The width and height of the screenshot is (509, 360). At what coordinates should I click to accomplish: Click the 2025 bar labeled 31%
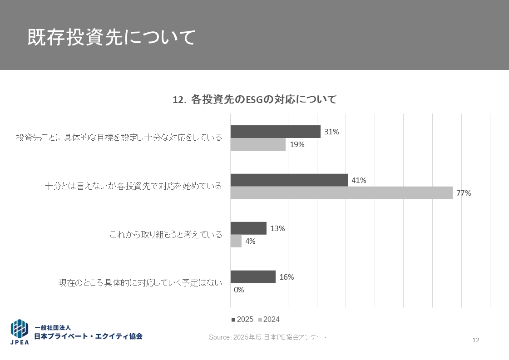275,132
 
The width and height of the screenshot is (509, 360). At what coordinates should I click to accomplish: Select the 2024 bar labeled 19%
258,144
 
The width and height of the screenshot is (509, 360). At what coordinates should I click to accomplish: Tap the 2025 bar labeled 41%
289,180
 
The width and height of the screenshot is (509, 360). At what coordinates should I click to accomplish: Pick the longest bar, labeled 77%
341,193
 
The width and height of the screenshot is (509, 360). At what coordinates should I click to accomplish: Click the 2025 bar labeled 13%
248,228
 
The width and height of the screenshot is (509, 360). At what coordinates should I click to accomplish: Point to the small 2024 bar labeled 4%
236,241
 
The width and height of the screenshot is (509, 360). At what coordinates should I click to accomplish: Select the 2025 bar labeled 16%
253,277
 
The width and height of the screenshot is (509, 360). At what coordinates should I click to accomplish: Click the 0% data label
239,290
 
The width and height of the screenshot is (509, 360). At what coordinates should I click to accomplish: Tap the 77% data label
464,193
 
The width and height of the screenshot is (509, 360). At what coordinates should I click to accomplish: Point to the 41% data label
359,180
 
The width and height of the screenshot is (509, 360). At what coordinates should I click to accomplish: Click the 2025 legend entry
242,320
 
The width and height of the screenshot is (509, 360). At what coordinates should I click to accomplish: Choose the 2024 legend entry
269,320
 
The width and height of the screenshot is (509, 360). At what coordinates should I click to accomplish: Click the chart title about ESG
255,99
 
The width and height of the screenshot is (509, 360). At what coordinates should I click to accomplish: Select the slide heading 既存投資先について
111,38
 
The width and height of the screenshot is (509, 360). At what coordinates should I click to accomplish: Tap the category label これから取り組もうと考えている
166,235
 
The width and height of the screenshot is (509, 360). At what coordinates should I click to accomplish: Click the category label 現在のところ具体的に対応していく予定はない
140,283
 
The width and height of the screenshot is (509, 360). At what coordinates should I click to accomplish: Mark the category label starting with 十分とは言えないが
133,186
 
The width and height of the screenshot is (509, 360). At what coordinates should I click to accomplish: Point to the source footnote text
267,337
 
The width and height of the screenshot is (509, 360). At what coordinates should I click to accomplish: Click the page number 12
476,340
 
